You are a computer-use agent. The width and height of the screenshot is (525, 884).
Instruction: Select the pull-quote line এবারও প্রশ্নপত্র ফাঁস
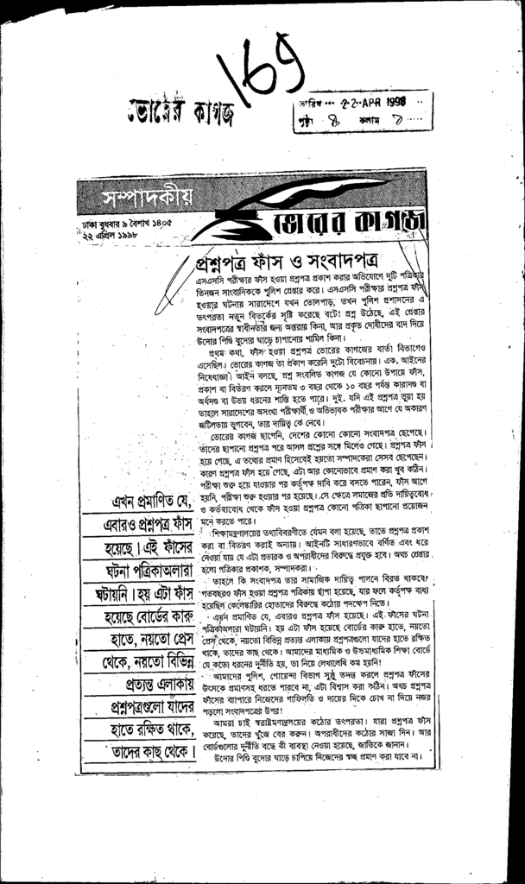point(147,525)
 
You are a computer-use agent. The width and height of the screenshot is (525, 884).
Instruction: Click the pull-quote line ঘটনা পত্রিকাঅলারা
point(147,571)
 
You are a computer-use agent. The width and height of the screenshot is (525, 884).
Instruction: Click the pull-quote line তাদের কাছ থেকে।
point(147,753)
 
